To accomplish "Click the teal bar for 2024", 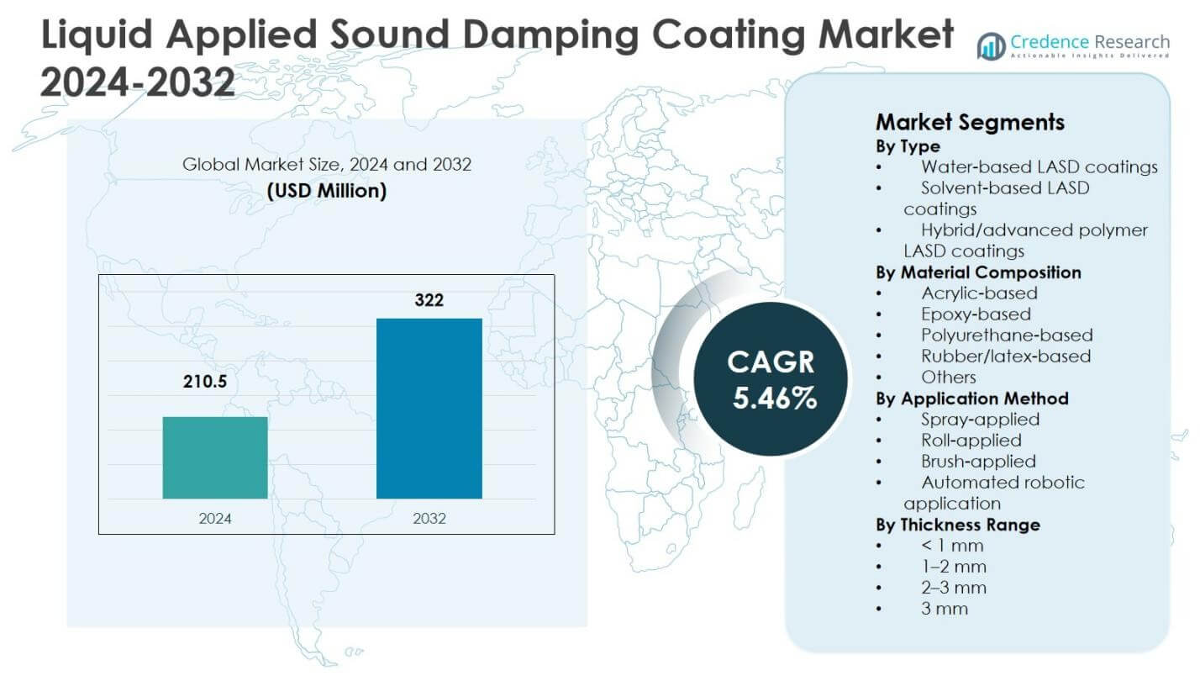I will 215,457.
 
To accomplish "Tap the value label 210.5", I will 205,383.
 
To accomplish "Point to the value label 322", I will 429,299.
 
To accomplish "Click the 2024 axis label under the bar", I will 215,519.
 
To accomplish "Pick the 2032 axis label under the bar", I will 429,519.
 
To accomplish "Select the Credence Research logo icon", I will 992,45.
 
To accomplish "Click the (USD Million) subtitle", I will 327,192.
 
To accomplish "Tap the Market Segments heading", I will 970,122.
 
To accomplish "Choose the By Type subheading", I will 908,146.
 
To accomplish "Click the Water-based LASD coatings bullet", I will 1039,166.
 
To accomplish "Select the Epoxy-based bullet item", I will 976,314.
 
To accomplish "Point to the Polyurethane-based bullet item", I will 1007,335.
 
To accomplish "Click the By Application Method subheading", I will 972,398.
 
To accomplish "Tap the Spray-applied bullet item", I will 980,419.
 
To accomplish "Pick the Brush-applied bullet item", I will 978,461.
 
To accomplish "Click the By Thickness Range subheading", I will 958,524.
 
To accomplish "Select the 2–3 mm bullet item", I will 954,587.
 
